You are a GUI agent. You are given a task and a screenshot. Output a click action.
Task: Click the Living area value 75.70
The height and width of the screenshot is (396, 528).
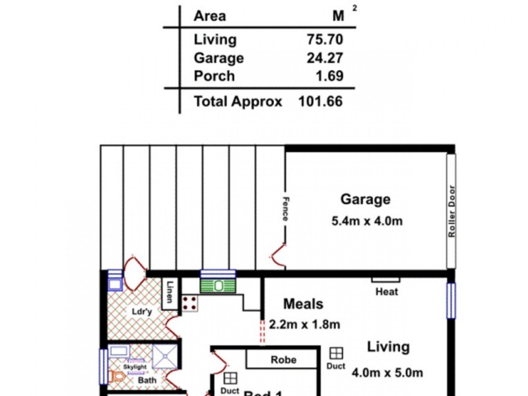pos(325,40)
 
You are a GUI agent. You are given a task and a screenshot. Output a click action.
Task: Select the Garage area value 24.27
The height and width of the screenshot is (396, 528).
pos(325,58)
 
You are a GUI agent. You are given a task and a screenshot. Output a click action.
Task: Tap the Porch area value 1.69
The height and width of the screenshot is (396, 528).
pos(330,76)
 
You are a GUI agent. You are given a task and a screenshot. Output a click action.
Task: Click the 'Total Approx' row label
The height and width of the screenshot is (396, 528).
pos(238,102)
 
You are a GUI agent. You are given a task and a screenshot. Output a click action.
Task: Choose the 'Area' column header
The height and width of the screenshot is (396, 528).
pos(209,16)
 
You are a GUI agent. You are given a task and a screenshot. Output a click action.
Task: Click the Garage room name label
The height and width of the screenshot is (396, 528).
pos(365,199)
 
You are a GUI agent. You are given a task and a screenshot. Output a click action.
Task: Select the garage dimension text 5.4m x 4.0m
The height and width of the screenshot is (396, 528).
pos(366,221)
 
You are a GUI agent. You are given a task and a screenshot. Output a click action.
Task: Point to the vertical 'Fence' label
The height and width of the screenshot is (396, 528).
pos(286,211)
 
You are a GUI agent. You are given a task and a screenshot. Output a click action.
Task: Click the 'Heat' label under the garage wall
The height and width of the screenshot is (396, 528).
pos(386,291)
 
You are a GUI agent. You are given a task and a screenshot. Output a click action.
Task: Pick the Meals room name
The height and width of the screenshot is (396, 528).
pos(303,304)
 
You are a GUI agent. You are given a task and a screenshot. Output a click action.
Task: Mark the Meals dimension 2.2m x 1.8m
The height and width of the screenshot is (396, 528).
pos(304,324)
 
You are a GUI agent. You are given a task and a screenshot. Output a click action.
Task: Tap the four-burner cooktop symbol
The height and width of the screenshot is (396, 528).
pos(190,303)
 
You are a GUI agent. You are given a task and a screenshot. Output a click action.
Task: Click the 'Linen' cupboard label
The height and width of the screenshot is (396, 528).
pos(170,292)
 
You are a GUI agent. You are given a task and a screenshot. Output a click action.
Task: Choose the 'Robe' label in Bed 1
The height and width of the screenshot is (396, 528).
pos(283,360)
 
